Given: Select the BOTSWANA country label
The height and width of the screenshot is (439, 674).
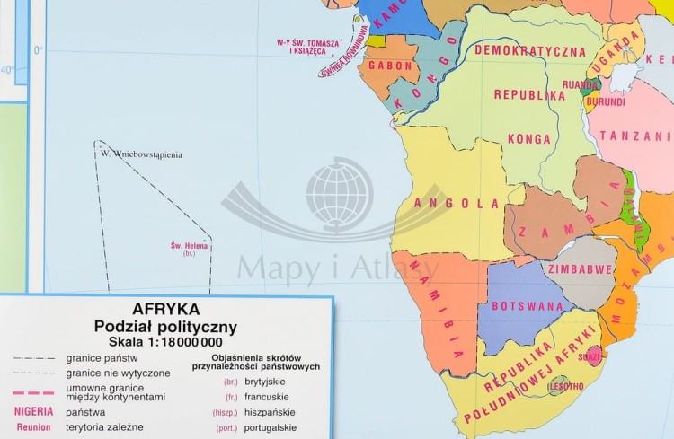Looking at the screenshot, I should pyautogui.click(x=519, y=304).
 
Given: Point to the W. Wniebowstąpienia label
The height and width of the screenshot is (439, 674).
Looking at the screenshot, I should pyautogui.click(x=141, y=154).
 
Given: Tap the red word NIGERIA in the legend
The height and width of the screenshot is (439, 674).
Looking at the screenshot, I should pyautogui.click(x=33, y=411).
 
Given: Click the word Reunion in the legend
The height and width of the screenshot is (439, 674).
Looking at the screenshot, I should pyautogui.click(x=33, y=427).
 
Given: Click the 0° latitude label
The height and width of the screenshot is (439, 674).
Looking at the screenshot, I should pyautogui.click(x=37, y=49).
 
